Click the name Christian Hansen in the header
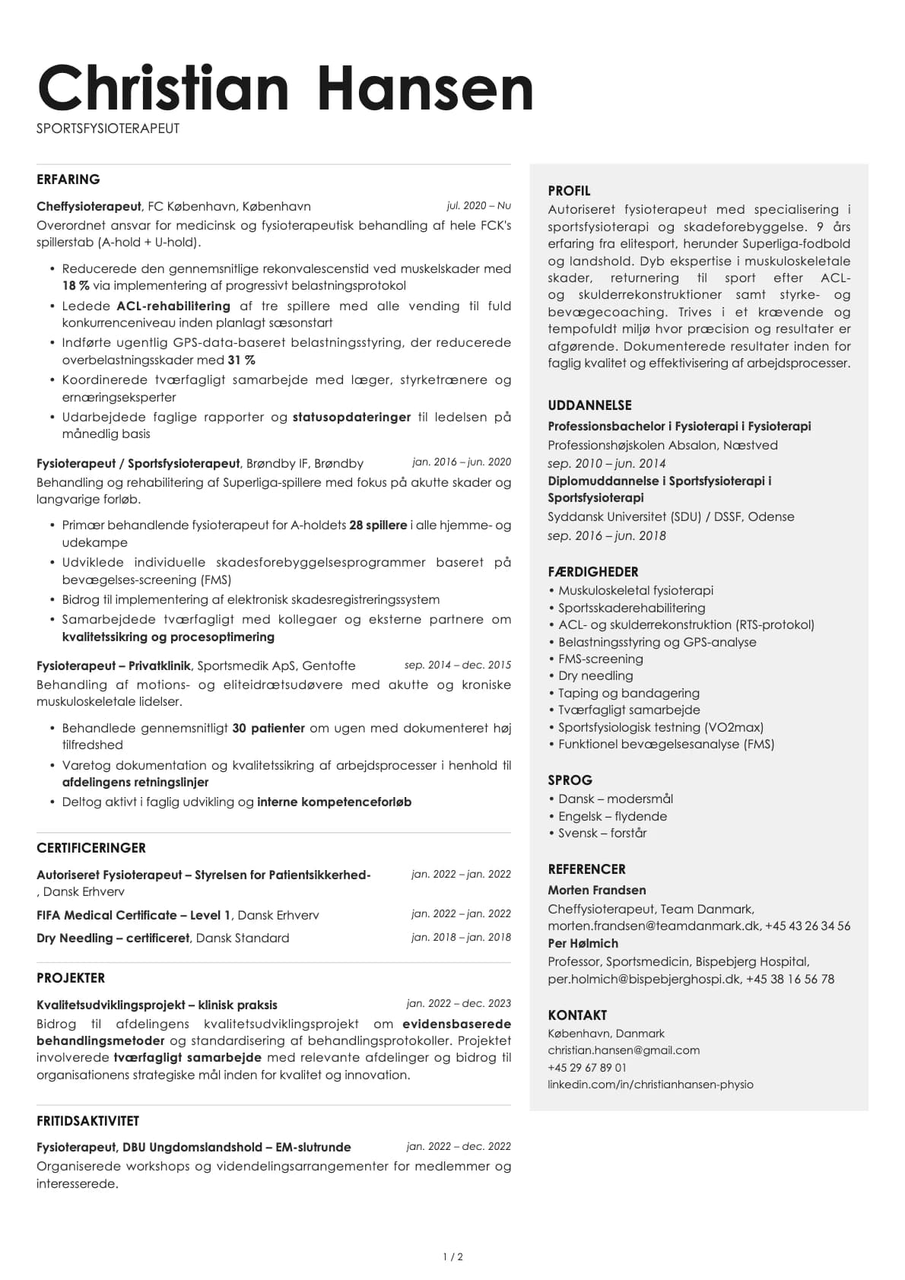285,88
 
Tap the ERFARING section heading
68,179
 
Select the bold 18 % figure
76,286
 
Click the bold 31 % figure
241,360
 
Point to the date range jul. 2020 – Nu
478,206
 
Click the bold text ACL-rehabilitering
173,307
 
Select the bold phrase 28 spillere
377,526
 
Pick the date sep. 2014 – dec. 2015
457,665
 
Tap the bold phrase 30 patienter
268,729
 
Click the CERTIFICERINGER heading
91,848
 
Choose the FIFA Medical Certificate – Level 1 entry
134,916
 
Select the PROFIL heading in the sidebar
569,191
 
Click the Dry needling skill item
595,676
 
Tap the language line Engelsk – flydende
612,817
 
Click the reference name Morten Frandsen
597,891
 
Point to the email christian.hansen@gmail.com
624,1050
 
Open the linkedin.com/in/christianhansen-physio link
650,1085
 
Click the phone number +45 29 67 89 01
587,1068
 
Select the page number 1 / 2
452,1257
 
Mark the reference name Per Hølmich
583,944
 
